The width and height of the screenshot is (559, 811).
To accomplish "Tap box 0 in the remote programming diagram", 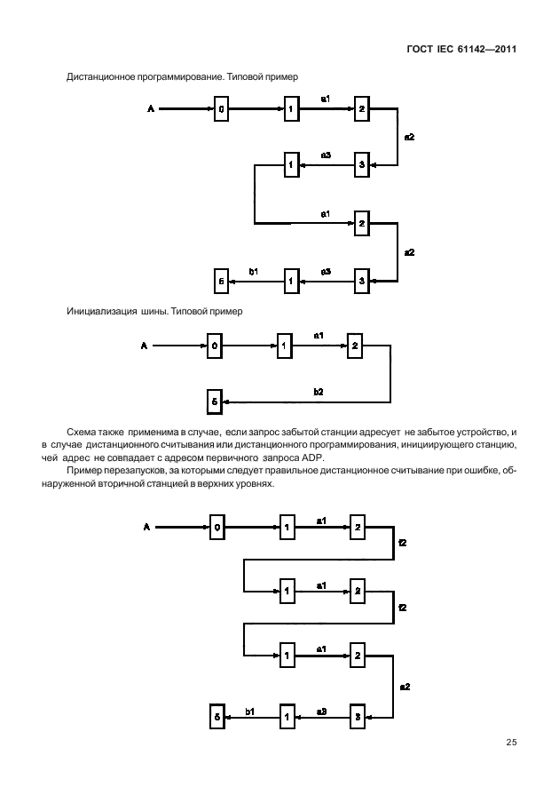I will [x=222, y=109].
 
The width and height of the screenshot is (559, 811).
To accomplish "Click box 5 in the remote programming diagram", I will [x=222, y=282].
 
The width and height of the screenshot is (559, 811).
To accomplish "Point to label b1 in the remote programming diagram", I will [x=254, y=271].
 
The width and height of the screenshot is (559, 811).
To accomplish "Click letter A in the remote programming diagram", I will [x=151, y=109].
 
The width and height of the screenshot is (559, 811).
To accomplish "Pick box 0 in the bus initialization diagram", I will [x=214, y=346].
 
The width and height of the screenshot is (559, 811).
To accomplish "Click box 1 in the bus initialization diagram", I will [x=284, y=346].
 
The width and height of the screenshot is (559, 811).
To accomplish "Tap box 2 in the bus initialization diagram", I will [x=354, y=346].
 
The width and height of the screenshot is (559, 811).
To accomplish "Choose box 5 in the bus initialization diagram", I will [x=214, y=402].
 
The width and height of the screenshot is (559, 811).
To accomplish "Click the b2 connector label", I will [x=319, y=392].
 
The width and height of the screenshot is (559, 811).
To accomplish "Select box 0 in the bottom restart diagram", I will [x=217, y=528].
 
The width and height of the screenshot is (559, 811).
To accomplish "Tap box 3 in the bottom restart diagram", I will [x=357, y=714].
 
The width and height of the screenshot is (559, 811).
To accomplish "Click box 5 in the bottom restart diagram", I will [x=217, y=714].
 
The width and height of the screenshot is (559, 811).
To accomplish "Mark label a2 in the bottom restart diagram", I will [x=405, y=686].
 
